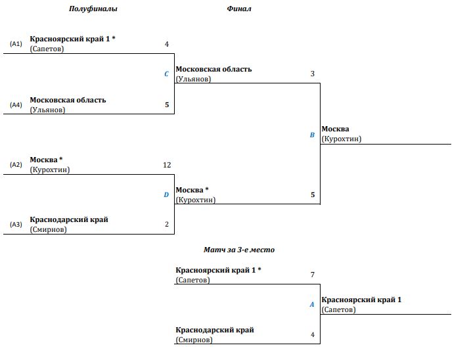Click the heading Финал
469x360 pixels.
coord(239,9)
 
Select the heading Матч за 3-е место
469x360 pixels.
coord(239,250)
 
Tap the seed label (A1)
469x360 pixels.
coord(16,44)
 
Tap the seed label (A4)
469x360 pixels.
coord(16,104)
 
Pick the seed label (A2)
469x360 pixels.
coord(16,165)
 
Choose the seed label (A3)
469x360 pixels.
coord(16,225)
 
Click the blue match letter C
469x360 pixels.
coord(166,74)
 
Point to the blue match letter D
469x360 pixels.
coord(166,194)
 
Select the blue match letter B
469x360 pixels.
coord(312,135)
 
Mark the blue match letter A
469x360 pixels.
coord(312,304)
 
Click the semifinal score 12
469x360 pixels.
coord(167,165)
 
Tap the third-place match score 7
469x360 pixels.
coord(313,275)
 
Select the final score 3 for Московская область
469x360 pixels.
coord(313,74)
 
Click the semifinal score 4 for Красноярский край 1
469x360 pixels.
coord(167,44)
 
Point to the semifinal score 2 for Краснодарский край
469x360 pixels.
coord(167,224)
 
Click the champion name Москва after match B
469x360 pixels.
coord(336,129)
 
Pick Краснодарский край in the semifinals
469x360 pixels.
coord(69,220)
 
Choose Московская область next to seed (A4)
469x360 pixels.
coord(68,100)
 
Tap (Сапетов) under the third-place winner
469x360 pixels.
coord(339,309)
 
